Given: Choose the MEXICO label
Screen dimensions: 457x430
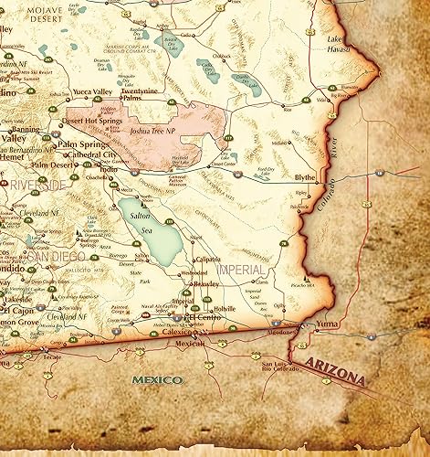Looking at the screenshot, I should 156,378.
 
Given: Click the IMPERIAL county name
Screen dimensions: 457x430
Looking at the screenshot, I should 240,271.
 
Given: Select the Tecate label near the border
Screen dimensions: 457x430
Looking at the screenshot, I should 52,356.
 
